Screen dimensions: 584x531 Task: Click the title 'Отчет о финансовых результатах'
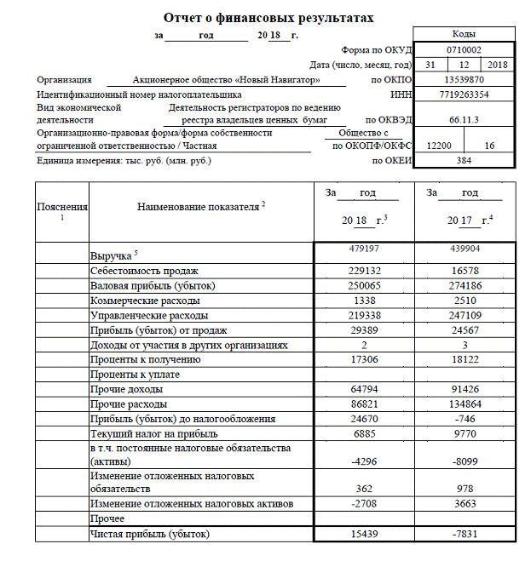pos(268,17)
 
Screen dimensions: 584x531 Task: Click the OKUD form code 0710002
pos(464,50)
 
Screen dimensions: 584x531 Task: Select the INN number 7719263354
pos(464,94)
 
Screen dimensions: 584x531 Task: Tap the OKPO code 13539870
pos(464,79)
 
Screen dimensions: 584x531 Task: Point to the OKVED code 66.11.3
pos(464,121)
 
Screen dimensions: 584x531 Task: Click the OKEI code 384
pos(464,160)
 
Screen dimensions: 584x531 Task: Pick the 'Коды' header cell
pos(464,34)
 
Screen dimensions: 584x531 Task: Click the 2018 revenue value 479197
pos(364,249)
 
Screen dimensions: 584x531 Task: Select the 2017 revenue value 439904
pos(465,249)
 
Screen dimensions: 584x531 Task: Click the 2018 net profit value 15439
pos(364,534)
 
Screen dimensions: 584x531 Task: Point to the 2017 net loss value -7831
pos(465,534)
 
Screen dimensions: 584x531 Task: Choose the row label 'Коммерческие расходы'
pos(146,301)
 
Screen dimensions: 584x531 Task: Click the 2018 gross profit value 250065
pos(364,285)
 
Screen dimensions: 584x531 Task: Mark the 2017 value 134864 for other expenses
pos(465,404)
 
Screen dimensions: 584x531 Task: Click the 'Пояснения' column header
pos(62,207)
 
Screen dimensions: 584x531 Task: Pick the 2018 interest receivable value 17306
pos(364,361)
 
